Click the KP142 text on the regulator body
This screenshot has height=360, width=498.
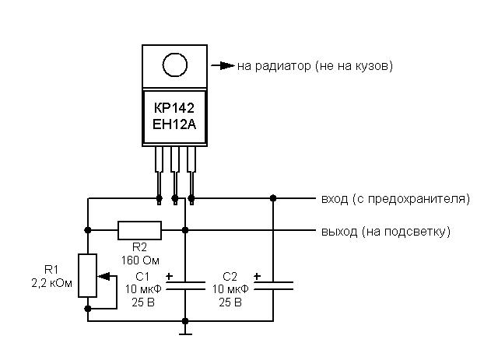coord(174,108)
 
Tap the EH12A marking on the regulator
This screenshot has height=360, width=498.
coord(174,124)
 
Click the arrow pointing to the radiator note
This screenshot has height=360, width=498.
coord(223,66)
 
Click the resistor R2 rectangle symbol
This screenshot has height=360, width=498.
coord(139,230)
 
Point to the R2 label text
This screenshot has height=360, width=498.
coord(139,246)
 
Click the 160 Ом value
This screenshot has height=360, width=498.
coord(140,260)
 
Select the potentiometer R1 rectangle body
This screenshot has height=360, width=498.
coord(87,275)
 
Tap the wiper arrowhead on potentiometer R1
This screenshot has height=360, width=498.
coord(103,276)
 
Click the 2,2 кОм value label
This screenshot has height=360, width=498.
coord(52,283)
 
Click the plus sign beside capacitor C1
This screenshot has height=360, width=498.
coord(170,276)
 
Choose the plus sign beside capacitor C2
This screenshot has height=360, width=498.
coord(257,276)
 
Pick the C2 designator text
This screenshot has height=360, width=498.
coord(230,277)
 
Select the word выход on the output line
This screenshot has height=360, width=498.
coord(339,232)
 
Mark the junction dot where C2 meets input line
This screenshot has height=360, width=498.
coord(273,198)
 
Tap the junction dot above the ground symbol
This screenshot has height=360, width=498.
coord(185,321)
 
